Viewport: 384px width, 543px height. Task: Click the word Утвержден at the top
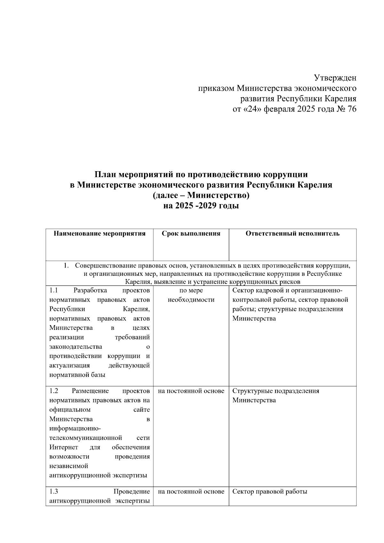tap(335, 78)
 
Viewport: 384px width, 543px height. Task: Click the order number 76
tap(351, 109)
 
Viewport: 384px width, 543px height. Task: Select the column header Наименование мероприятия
tap(100, 234)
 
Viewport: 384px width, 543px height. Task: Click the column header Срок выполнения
tap(191, 234)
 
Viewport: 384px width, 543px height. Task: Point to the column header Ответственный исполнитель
tap(292, 234)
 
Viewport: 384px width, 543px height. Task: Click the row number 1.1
tap(53, 291)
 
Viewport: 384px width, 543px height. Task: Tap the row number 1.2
tap(53, 391)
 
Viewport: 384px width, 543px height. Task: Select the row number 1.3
tap(53, 491)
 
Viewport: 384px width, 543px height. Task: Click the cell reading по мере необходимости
tap(191, 295)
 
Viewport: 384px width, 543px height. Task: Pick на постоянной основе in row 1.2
tap(191, 391)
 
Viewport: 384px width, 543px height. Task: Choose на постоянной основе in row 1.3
tap(191, 491)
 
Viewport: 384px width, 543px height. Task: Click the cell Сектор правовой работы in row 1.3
tap(269, 491)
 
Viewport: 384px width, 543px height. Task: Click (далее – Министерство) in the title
tap(201, 195)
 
